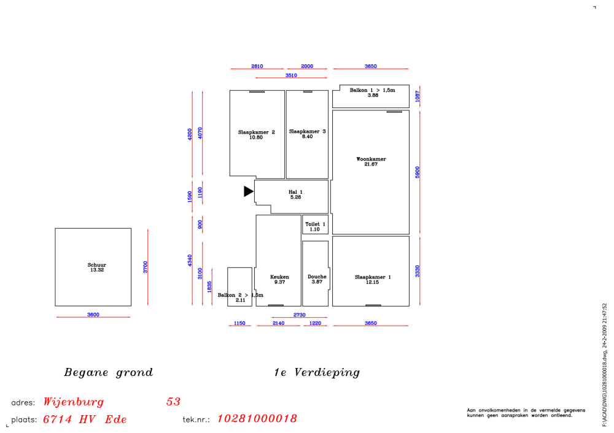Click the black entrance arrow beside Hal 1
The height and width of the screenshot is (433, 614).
click(248, 191)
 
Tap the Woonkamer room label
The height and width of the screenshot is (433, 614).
click(371, 159)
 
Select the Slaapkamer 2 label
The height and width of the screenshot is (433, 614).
click(257, 132)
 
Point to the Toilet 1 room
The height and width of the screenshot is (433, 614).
click(315, 224)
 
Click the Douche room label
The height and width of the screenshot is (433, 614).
click(317, 277)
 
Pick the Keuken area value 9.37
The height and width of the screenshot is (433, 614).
click(279, 282)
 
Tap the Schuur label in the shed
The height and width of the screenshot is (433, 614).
click(97, 265)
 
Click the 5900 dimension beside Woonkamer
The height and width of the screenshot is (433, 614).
click(418, 172)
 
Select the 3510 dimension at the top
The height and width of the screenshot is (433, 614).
click(291, 75)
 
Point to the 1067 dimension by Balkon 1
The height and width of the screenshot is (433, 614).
click(418, 96)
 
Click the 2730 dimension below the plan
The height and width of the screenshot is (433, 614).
click(299, 315)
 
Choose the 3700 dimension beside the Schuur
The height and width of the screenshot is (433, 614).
click(146, 267)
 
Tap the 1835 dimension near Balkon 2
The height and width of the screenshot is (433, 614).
click(209, 286)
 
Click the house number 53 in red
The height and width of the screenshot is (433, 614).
click(173, 401)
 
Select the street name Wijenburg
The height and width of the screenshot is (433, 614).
click(74, 402)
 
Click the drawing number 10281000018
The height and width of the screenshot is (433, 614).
click(257, 418)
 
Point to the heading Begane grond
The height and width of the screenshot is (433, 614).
click(109, 372)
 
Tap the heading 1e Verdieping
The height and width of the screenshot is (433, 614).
click(317, 372)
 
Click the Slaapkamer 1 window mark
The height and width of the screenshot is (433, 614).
click(373, 305)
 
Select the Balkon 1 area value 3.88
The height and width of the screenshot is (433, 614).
click(373, 95)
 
